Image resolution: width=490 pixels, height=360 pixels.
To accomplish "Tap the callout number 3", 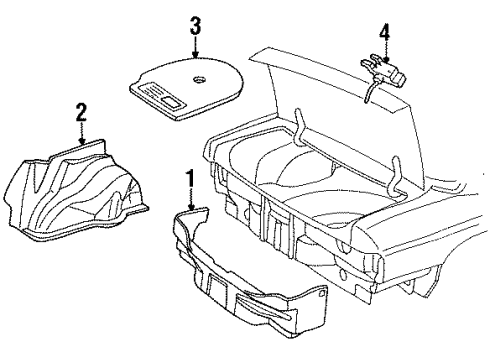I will pos(194,24).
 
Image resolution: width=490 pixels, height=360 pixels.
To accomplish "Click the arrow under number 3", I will pos(194,47).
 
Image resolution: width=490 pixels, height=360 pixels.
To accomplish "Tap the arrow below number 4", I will pos(383,52).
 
